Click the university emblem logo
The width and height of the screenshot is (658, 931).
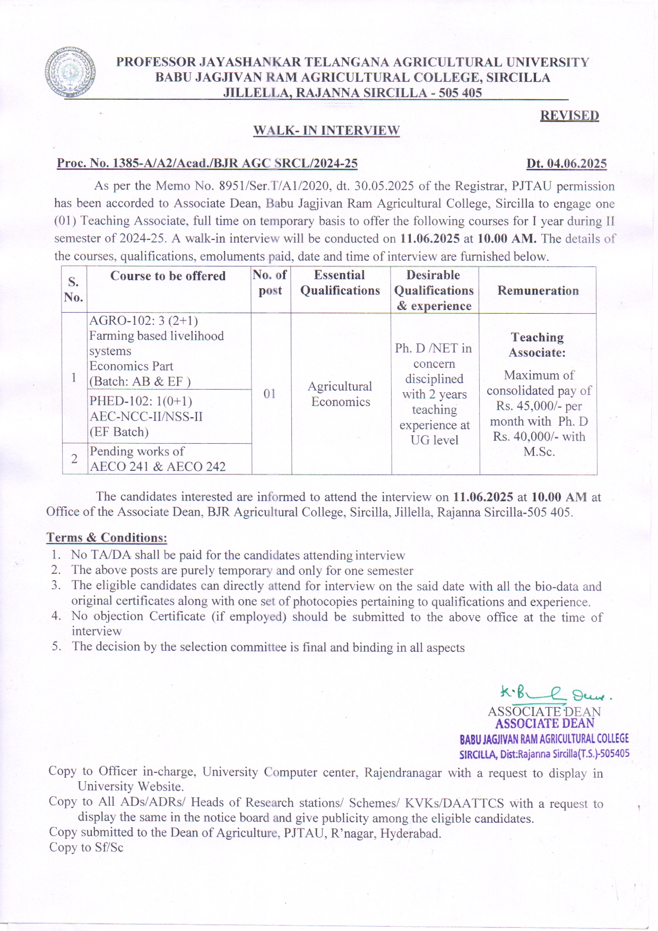pos(70,72)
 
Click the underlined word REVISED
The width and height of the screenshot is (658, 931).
pos(569,116)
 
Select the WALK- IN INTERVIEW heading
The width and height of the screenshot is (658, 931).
pos(326,131)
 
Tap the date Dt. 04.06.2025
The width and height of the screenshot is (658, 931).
pos(566,163)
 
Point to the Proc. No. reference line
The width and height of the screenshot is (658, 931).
pos(207,163)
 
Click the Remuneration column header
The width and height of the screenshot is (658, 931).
pos(538,290)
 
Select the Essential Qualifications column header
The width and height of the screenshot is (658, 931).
pos(340,283)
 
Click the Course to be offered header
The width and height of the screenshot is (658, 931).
pos(168,276)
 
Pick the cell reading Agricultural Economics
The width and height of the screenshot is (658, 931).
pos(340,394)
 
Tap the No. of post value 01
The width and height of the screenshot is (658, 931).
pos(270,393)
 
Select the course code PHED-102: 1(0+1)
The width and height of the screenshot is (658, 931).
pos(141,401)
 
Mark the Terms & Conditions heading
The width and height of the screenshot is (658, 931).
pos(107,538)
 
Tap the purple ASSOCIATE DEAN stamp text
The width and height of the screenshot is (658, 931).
pos(544,723)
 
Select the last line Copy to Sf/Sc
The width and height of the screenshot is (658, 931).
pos(86,848)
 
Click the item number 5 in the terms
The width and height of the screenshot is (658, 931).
pos(55,646)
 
